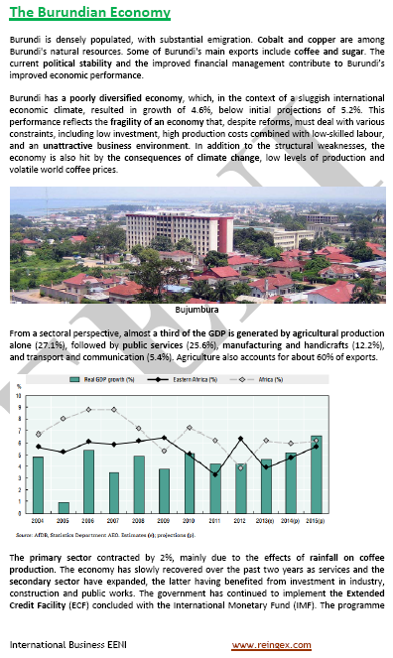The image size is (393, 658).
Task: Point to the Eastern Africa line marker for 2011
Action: pos(215,475)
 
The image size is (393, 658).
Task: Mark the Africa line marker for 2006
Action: pos(89,410)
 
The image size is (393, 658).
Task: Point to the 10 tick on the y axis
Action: pos(19,395)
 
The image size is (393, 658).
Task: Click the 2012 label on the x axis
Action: pos(241,520)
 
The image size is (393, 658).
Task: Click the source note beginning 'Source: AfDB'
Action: pos(109,534)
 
